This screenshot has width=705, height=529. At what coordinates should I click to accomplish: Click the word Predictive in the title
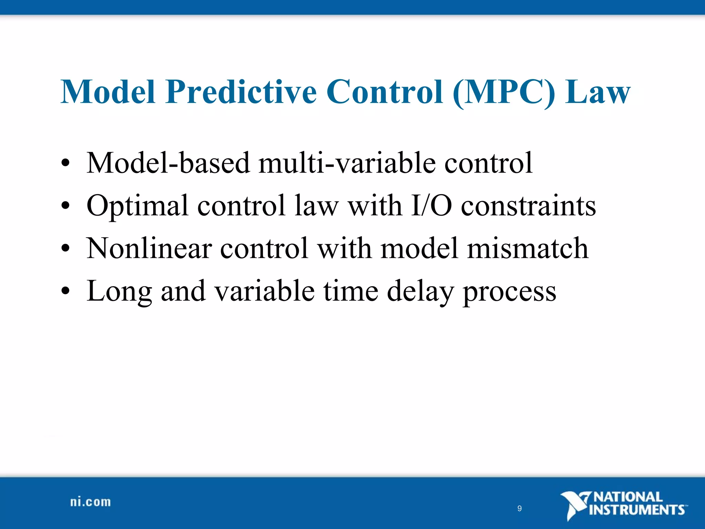coord(241,92)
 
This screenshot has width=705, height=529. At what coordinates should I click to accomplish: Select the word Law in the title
coord(598,92)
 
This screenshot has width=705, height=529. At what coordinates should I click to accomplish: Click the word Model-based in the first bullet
coord(168,163)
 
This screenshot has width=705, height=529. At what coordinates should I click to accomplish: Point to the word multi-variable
coord(347,163)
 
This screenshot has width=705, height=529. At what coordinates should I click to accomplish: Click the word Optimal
coord(137,206)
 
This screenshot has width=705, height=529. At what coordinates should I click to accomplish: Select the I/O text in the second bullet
coord(431,206)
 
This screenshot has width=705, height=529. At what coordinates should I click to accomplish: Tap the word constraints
coord(528,206)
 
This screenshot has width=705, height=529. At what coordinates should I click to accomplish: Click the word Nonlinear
coord(149,249)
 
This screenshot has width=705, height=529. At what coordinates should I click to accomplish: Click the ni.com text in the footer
coord(91,502)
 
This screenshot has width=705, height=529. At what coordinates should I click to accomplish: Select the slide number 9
coord(519,508)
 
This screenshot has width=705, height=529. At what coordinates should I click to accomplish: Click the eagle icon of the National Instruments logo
coord(574,505)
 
